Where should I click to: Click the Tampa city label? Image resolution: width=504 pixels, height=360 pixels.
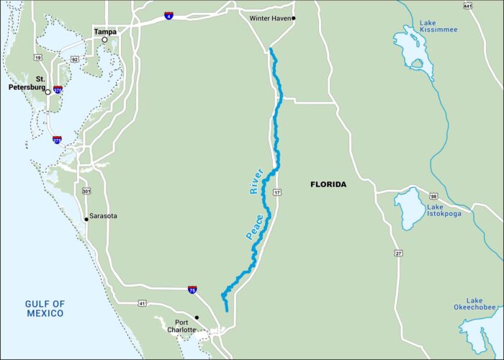[x=105, y=32]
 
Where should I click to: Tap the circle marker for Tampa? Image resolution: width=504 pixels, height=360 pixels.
[x=104, y=40]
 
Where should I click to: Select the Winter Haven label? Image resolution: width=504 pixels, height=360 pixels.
[x=270, y=18]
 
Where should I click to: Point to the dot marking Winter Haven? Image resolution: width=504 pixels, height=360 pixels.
[x=294, y=18]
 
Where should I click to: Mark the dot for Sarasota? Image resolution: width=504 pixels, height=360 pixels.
[x=86, y=218]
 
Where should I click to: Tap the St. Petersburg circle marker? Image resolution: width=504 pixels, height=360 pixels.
[x=48, y=92]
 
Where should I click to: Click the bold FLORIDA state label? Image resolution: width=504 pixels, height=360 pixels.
[x=328, y=185]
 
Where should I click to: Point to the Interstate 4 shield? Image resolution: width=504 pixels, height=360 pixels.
[x=168, y=15]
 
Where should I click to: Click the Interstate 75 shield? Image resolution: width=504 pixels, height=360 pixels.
[x=192, y=289]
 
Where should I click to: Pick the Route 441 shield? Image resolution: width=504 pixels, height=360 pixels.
[x=467, y=6]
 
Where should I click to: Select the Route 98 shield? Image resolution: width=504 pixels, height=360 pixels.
[x=434, y=197]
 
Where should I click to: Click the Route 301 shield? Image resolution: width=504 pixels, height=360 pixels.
[x=86, y=191]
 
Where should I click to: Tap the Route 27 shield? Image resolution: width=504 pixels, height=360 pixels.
[x=398, y=253]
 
